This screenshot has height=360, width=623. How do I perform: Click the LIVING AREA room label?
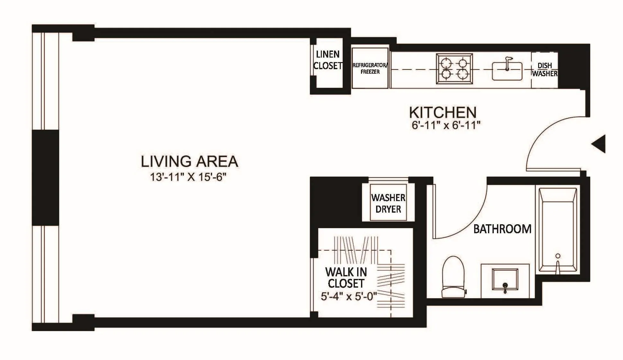189,162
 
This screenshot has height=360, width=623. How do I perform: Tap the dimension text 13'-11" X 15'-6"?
188,177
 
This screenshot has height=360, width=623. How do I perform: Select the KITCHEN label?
443,112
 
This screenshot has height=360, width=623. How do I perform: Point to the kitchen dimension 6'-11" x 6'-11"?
446,125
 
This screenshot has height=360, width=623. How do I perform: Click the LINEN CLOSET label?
328,60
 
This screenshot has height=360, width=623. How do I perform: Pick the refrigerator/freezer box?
370,68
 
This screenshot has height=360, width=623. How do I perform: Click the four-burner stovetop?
454,69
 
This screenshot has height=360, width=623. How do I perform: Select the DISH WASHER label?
544,69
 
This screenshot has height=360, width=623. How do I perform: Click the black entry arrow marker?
599,143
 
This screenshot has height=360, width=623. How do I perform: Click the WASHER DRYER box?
388,203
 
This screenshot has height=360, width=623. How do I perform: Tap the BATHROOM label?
502,229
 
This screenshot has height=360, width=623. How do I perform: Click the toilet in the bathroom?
454,277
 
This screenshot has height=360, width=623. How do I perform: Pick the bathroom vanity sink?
505,280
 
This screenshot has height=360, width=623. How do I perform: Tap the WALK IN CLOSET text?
346,278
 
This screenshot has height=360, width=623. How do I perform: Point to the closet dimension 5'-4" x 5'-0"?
348,296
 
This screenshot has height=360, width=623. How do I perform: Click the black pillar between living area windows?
45,177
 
